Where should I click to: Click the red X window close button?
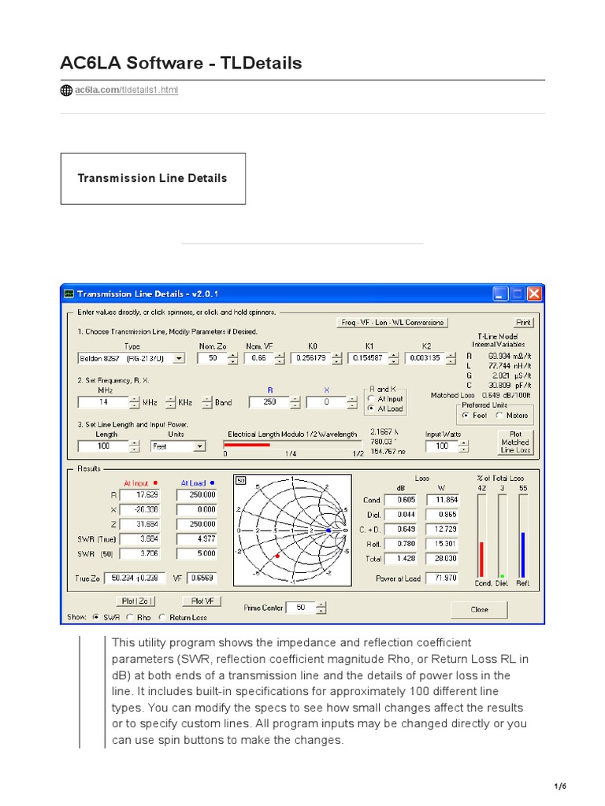click(535, 294)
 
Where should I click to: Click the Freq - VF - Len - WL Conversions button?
click(392, 322)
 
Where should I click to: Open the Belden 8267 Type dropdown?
click(179, 358)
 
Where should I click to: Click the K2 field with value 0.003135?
click(423, 358)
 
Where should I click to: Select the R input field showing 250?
click(268, 402)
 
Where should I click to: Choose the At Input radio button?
click(371, 399)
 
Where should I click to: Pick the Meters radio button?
click(499, 415)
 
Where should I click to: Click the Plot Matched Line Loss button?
click(516, 442)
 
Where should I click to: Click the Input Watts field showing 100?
click(441, 446)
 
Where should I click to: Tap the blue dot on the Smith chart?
click(328, 531)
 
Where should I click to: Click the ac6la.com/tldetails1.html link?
click(126, 91)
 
